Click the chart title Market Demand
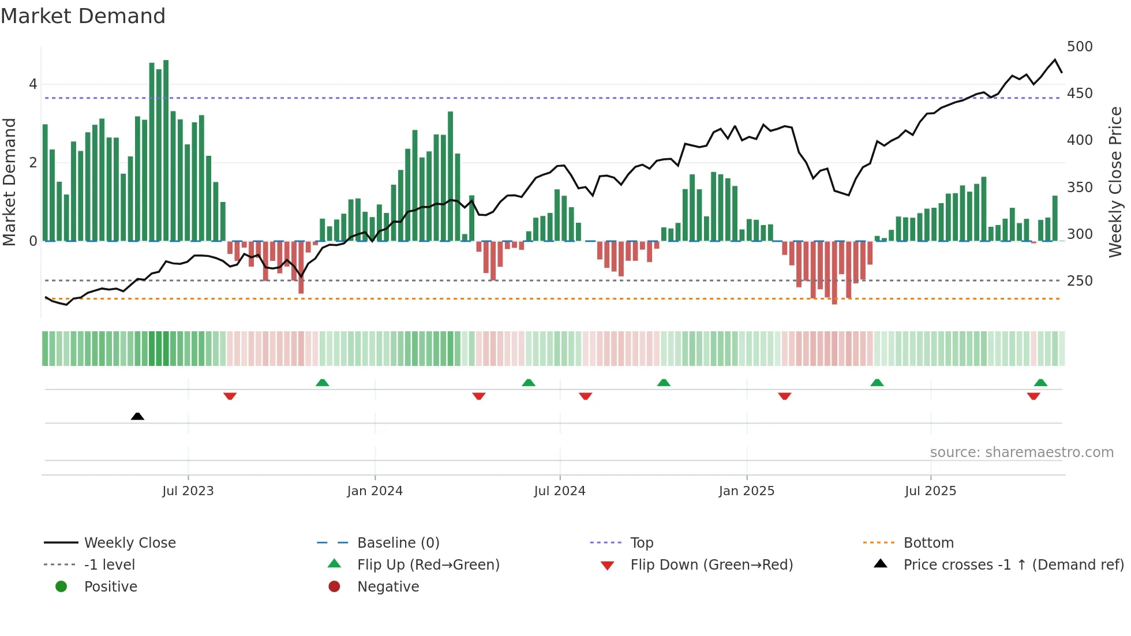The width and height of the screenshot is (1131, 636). [x=83, y=16]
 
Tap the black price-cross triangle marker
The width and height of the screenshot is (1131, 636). [x=137, y=416]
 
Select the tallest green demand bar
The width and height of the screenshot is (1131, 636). [x=166, y=150]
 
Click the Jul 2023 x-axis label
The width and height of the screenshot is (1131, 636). [x=188, y=491]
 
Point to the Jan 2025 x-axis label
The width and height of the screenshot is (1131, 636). [x=746, y=491]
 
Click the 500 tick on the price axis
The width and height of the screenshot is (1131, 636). [x=1080, y=46]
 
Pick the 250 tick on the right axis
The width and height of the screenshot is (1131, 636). [x=1080, y=280]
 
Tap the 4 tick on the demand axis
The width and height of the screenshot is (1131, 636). [x=33, y=84]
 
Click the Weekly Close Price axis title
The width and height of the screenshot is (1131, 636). [x=1115, y=181]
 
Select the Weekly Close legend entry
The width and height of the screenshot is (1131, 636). [x=130, y=543]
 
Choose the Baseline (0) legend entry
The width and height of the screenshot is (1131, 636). [x=398, y=543]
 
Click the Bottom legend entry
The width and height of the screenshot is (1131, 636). [x=928, y=543]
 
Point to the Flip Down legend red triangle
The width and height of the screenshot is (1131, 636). [x=607, y=565]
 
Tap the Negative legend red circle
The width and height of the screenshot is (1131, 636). [x=334, y=586]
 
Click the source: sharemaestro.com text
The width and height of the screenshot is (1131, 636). [x=1021, y=452]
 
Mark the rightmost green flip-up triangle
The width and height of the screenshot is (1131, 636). [x=1040, y=383]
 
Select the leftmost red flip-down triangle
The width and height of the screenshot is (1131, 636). [x=230, y=396]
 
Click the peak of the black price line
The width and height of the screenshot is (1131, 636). [x=1055, y=59]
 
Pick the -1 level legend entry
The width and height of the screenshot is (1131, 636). [x=109, y=564]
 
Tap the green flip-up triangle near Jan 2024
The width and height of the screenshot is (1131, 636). [x=323, y=383]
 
